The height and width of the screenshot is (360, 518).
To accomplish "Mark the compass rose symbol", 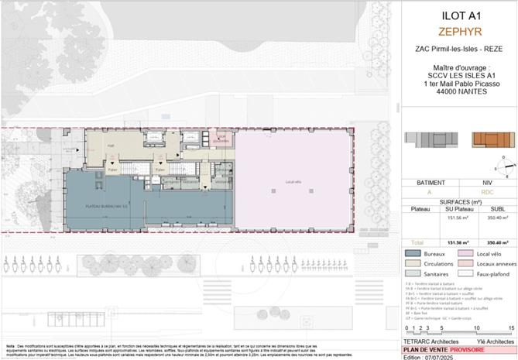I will pyautogui.click(x=503, y=164).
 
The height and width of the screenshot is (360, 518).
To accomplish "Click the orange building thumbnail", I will pyautogui.click(x=488, y=141).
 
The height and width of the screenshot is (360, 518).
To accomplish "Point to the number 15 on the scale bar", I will pyautogui.click(x=511, y=327).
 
